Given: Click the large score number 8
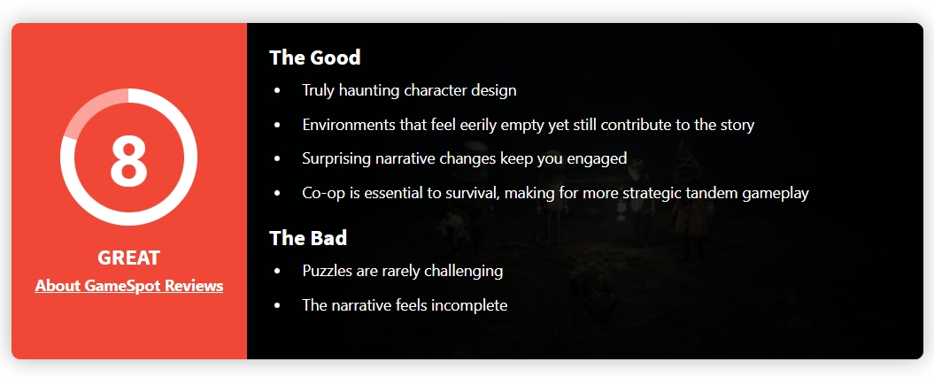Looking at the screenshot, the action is coord(128,159).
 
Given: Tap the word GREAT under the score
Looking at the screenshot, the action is coord(128,258).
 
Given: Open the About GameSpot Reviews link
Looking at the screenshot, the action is coord(128,286).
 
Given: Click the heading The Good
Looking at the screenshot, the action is coord(314,58).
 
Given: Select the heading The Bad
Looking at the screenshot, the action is coord(308,238).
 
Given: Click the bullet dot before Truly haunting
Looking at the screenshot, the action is coord(277,91).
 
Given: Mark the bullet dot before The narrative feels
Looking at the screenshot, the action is coord(277,305).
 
